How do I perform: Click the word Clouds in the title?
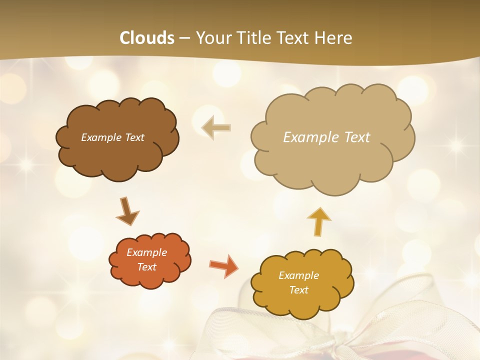pyautogui.click(x=147, y=38)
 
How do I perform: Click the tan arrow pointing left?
pyautogui.click(x=216, y=127)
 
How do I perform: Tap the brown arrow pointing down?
pyautogui.click(x=127, y=211)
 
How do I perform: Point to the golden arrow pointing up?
pyautogui.click(x=318, y=221)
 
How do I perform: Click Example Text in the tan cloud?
pyautogui.click(x=326, y=137)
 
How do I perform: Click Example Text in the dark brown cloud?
pyautogui.click(x=112, y=137)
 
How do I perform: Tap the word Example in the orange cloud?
pyautogui.click(x=146, y=252)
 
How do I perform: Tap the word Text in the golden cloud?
pyautogui.click(x=298, y=290)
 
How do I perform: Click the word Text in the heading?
pyautogui.click(x=294, y=38)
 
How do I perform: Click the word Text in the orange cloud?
pyautogui.click(x=146, y=267)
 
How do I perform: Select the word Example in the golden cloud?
pyautogui.click(x=298, y=275)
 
